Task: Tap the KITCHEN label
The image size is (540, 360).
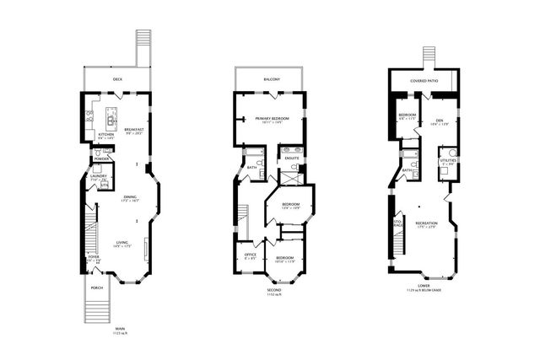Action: (x=105, y=134)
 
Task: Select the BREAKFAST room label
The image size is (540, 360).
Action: (x=134, y=130)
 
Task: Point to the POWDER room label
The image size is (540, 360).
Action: (x=101, y=158)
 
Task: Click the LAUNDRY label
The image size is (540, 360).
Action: (x=99, y=175)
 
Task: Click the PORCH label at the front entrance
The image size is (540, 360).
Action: (x=97, y=287)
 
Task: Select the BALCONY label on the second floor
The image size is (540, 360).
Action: (x=270, y=79)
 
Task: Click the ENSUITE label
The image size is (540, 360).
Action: (x=292, y=158)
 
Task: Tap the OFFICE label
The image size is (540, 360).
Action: (x=250, y=255)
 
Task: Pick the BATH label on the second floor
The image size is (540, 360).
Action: (x=252, y=167)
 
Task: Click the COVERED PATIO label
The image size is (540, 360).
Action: (x=424, y=80)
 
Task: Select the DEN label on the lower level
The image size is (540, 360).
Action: (x=439, y=120)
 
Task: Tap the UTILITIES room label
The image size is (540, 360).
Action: (x=447, y=159)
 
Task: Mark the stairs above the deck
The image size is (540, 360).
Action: (x=144, y=48)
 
